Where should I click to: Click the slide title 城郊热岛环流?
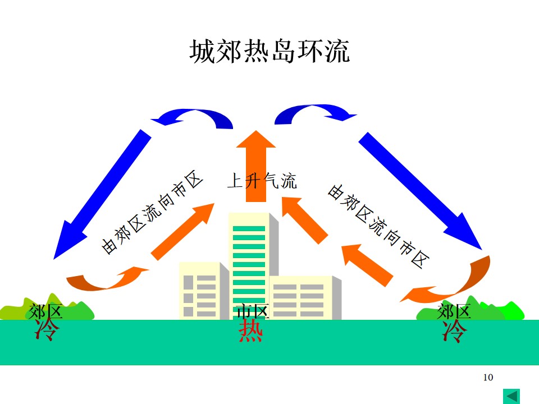269,51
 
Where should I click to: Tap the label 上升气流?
262,181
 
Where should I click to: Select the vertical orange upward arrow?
256,166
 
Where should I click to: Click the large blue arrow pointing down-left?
102,194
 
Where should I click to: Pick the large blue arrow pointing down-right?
420,191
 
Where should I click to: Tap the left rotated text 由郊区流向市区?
152,212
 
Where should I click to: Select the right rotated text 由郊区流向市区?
378,226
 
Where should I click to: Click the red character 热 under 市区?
250,330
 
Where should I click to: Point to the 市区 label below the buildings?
253,311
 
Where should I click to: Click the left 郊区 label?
45,311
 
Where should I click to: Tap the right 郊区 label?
454,311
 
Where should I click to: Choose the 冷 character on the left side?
47,329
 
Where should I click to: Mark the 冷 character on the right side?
454,331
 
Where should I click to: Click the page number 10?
488,377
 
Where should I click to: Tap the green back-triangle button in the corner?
511,396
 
